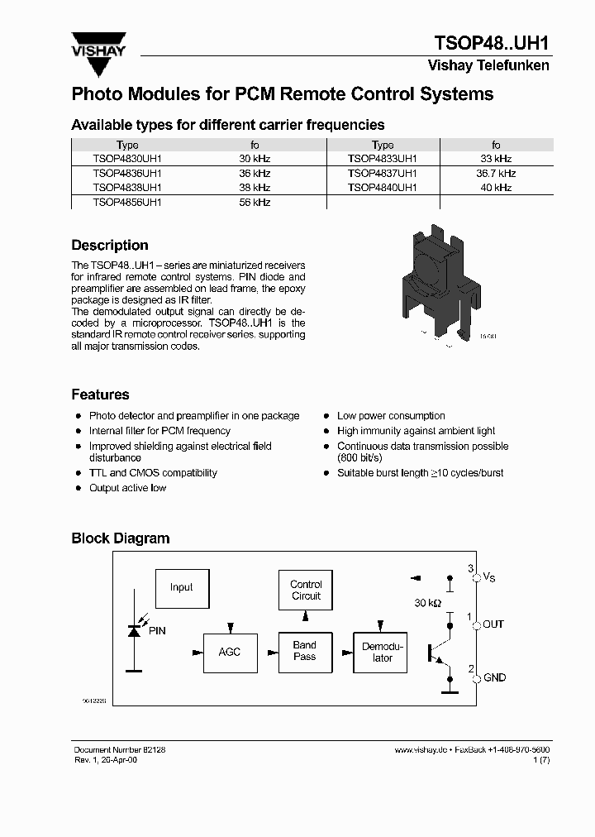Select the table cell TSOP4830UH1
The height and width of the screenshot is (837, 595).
coord(127,159)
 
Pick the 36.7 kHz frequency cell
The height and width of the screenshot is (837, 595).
coord(496,174)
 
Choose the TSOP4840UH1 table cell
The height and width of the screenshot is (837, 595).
coord(383,188)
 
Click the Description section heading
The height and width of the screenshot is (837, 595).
coord(110,246)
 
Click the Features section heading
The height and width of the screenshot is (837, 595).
coord(100,395)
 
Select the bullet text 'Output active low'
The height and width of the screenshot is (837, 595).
coord(127,488)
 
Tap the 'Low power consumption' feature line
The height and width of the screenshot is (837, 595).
coord(391,416)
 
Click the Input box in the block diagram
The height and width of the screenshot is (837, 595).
coord(182,588)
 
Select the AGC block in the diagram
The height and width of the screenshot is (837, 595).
coord(230,653)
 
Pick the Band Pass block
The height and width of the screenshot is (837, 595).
coord(305,652)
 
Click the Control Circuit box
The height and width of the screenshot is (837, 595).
coord(306,591)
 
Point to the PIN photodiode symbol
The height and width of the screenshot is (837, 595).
coord(133,631)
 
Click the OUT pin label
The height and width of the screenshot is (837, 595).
coord(493,624)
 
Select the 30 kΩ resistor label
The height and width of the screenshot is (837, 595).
coord(428,604)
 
